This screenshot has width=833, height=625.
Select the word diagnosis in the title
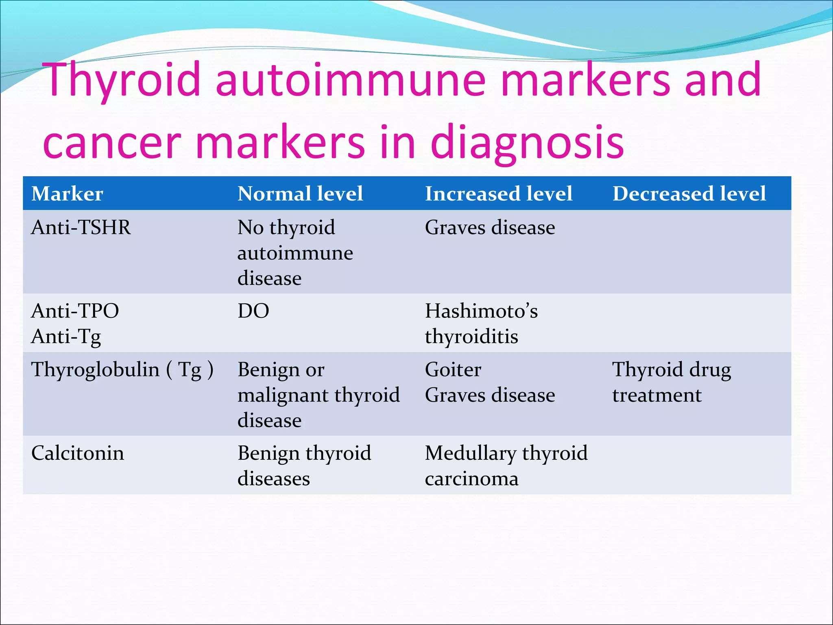click(x=527, y=142)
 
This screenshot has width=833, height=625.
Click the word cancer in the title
click(x=112, y=142)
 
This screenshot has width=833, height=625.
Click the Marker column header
click(x=67, y=194)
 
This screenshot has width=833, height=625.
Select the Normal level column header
click(x=300, y=194)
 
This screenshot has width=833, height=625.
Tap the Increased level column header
click(x=499, y=194)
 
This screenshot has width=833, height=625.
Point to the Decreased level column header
click(x=689, y=194)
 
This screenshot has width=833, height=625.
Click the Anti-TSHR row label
click(x=81, y=227)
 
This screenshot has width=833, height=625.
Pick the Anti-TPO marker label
click(x=75, y=311)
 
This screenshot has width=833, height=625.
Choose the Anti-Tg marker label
click(x=66, y=337)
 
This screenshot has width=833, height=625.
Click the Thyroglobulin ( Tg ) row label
click(x=122, y=370)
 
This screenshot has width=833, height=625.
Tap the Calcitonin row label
click(x=78, y=453)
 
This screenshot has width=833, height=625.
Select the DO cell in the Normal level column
click(x=253, y=311)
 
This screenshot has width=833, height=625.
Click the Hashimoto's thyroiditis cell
click(x=481, y=323)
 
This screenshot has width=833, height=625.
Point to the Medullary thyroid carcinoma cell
click(x=506, y=465)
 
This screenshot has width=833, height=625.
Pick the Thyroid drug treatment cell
click(x=672, y=382)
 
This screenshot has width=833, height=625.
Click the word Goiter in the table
click(x=453, y=370)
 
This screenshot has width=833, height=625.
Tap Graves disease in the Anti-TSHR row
click(x=490, y=227)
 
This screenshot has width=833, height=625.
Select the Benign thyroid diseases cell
click(x=304, y=465)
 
